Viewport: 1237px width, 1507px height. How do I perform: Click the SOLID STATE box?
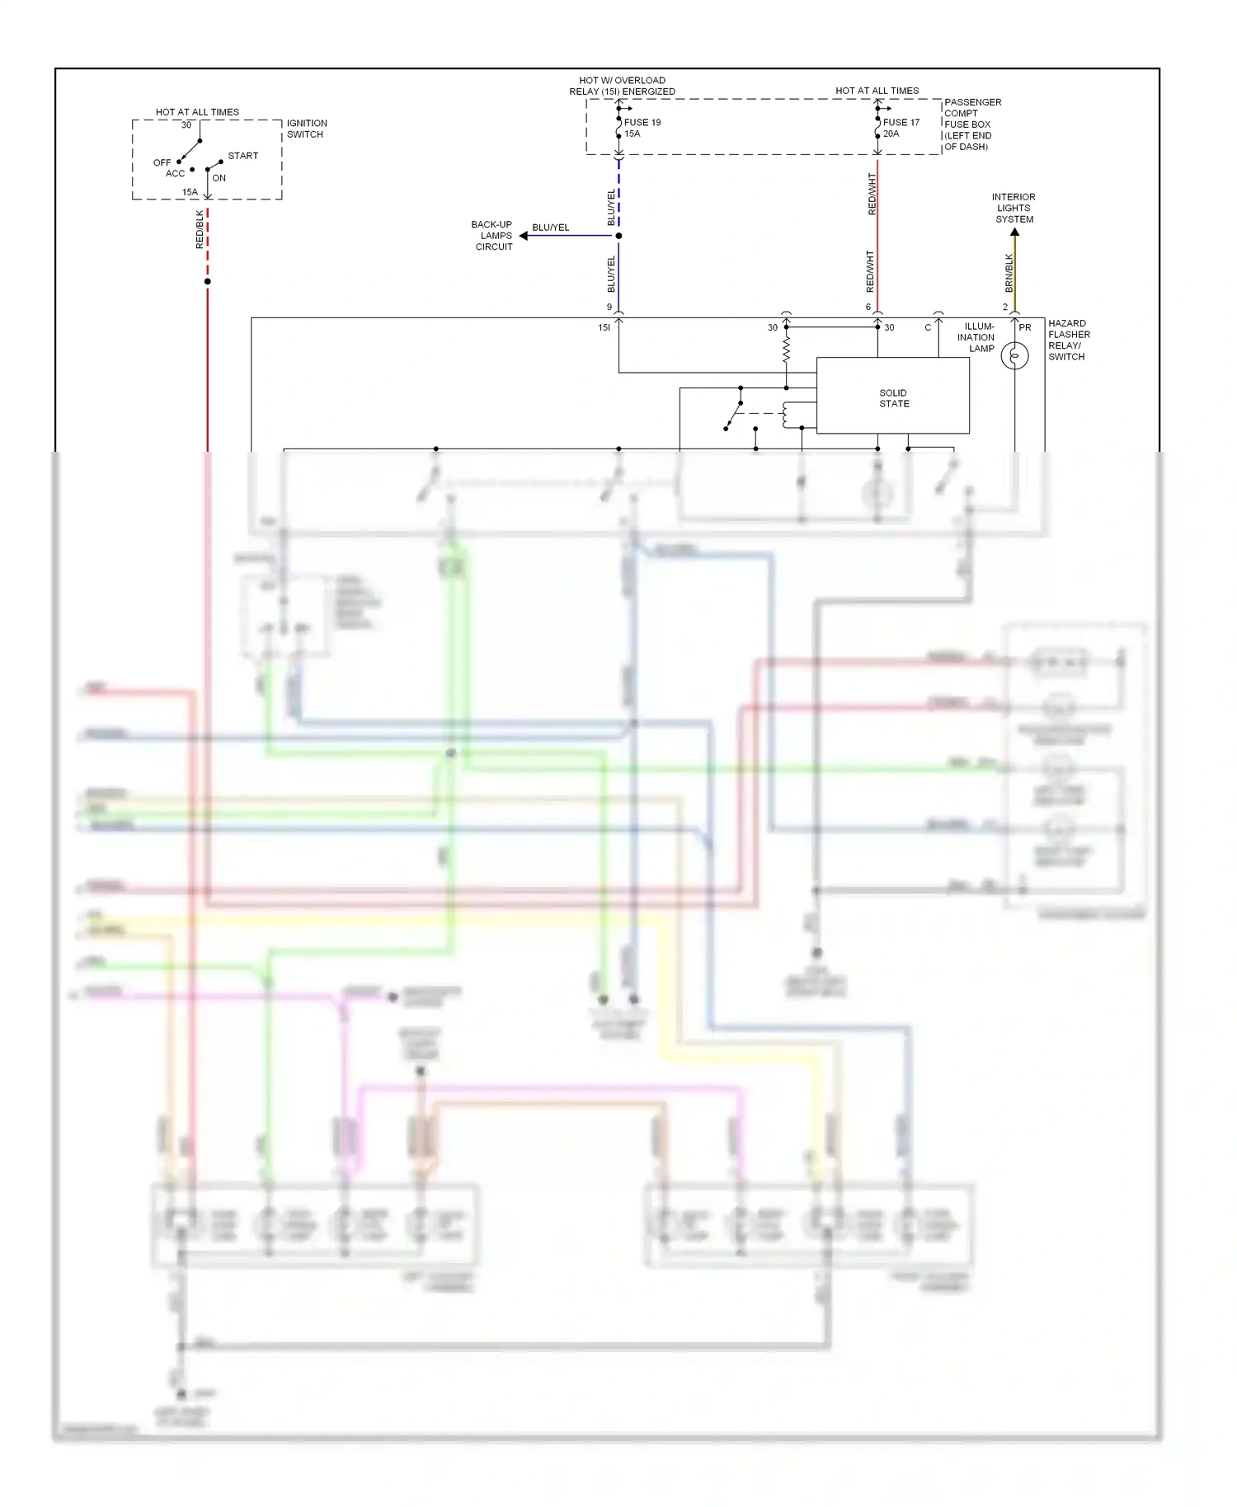tap(892, 397)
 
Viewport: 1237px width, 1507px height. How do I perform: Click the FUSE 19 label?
tap(642, 122)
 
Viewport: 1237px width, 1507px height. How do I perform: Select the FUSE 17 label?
tap(901, 122)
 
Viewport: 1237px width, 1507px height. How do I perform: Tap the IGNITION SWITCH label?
tap(306, 129)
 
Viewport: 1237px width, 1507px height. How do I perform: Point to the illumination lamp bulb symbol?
tap(1014, 356)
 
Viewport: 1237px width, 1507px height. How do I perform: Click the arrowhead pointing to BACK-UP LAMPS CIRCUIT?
tap(524, 236)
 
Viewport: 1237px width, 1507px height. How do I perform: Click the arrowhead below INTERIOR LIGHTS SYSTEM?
tap(1014, 233)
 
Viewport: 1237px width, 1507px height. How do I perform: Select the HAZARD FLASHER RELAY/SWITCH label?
tap(1068, 340)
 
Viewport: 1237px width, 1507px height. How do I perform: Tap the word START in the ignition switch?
tap(242, 156)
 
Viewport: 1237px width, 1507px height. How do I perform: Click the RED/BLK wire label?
tap(200, 229)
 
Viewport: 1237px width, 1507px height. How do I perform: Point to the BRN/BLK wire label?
tap(1009, 273)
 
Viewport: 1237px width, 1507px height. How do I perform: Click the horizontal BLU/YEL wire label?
tap(550, 228)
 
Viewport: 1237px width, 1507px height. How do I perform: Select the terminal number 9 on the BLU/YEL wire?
tap(609, 308)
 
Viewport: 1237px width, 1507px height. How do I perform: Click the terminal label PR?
tap(1025, 327)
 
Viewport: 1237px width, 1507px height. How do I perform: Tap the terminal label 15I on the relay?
tap(604, 327)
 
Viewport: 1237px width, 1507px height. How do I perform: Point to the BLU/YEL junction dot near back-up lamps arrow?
tap(618, 236)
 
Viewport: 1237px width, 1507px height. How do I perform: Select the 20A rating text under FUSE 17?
tap(891, 134)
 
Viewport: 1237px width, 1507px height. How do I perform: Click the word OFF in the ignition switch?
tap(162, 162)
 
